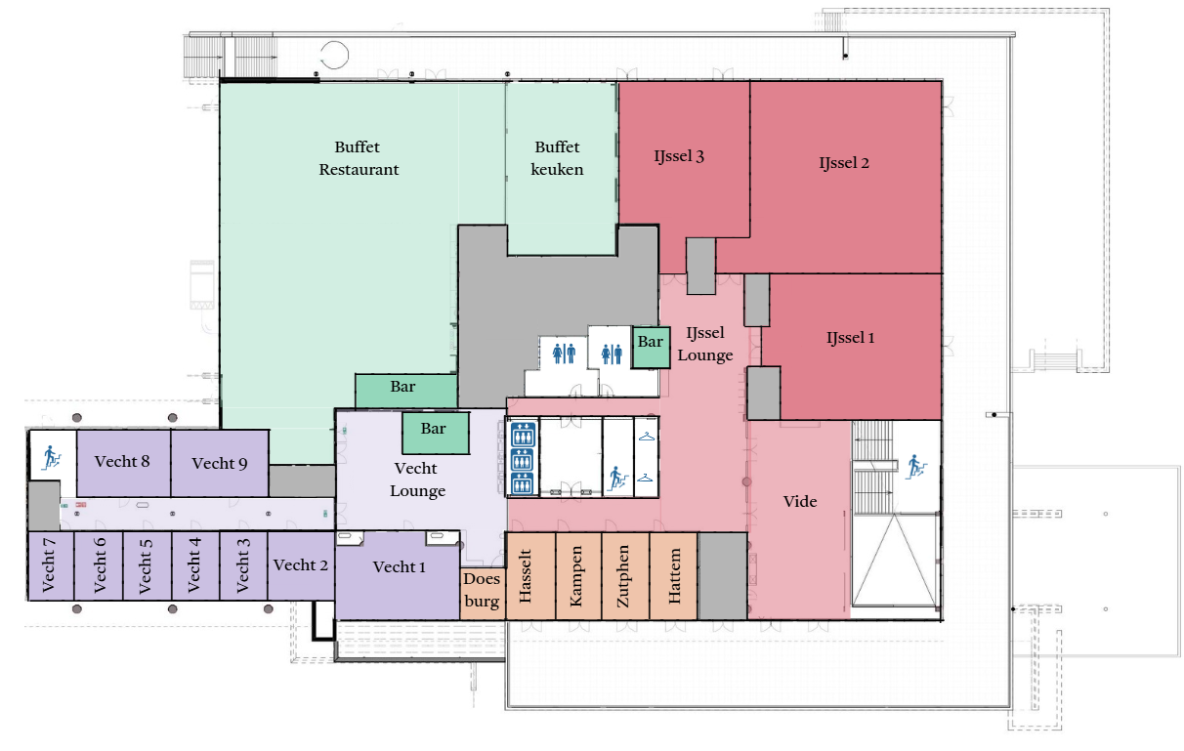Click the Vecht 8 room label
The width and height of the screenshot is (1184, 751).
pos(122,461)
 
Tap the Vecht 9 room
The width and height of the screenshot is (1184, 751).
pos(220,464)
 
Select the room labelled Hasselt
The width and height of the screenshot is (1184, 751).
pos(530,575)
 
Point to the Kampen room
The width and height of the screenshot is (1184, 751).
pos(578,575)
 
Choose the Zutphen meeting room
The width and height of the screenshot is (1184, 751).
pos(625,575)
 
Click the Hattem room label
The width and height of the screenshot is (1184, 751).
pos(675,576)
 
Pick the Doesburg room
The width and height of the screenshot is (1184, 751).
pos(483,594)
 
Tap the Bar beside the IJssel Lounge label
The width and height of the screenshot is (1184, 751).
pos(652,348)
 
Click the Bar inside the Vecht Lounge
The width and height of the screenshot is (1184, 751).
pos(436,434)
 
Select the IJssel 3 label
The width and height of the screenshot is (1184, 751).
pos(679,156)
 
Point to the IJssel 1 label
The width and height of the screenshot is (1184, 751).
pos(851,338)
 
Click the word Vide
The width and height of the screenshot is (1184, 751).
pos(800,501)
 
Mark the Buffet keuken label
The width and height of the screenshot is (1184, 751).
pos(557,158)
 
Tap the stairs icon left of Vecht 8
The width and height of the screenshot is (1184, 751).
pos(52,458)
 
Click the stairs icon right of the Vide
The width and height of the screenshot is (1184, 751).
pos(916,467)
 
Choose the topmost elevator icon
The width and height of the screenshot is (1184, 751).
pos(523,436)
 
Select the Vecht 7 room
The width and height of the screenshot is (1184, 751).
pos(51,565)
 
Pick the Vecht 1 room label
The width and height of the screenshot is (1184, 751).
pos(400,567)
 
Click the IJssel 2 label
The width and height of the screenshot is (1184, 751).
pos(844,163)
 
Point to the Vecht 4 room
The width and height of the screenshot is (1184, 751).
pos(195,565)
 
